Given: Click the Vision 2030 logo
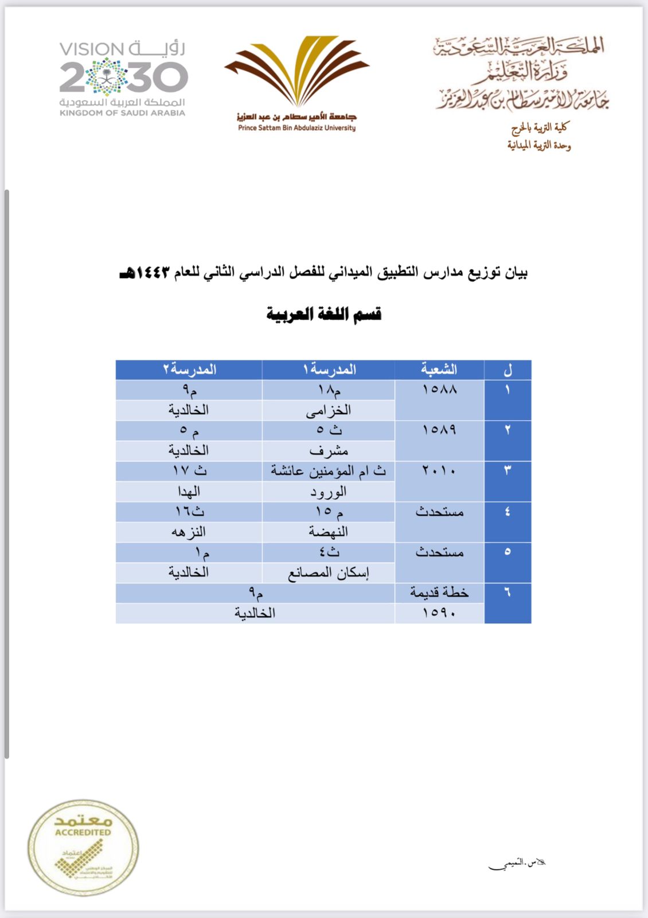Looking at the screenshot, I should coord(123,77).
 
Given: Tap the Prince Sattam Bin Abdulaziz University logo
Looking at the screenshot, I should coord(297,83).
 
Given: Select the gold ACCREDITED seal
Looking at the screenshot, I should coord(83,847).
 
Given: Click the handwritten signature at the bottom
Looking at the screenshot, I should coord(516,863).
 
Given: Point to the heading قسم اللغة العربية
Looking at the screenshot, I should coord(324,314).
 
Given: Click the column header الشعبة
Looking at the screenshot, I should coord(439,369).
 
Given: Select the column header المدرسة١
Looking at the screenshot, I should coord(329,369).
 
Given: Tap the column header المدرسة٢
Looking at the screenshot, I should coord(189,369).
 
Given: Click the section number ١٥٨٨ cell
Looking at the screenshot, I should coord(439,390).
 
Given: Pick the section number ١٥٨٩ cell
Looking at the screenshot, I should coord(439,430).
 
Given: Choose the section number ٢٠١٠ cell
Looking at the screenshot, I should coord(439,471).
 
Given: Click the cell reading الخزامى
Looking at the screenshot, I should coord(329,410).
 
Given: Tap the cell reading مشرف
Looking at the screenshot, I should coord(329,451).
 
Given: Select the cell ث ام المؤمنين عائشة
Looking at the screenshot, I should coord(329,471).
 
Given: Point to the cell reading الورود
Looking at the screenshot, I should coord(329,492).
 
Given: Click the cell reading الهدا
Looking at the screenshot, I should coord(189,492).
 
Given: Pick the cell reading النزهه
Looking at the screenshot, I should coord(189,532).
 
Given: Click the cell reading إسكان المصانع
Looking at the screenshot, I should coord(329,573).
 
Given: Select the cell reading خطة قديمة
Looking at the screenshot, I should coord(439,593).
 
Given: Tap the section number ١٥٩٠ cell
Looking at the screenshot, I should coord(439,613).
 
